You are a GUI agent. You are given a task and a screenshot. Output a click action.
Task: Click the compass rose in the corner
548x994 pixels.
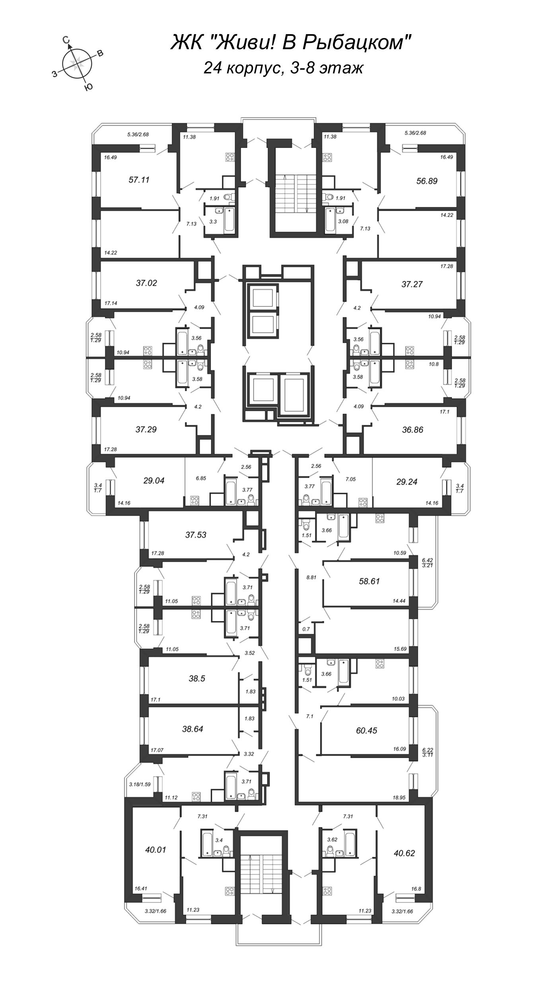point(78,62)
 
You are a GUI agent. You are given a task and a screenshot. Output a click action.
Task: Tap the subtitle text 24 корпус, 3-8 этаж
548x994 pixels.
point(283,68)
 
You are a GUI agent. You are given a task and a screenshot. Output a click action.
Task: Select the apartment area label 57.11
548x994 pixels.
point(139,180)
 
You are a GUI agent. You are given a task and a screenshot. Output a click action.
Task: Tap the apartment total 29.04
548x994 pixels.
point(154,481)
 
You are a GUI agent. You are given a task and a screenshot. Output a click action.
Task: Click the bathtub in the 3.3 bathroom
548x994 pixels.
point(229,219)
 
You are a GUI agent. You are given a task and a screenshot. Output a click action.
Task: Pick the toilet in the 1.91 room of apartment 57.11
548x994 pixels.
point(228,196)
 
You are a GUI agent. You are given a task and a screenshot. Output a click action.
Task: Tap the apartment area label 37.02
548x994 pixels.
point(146,283)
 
